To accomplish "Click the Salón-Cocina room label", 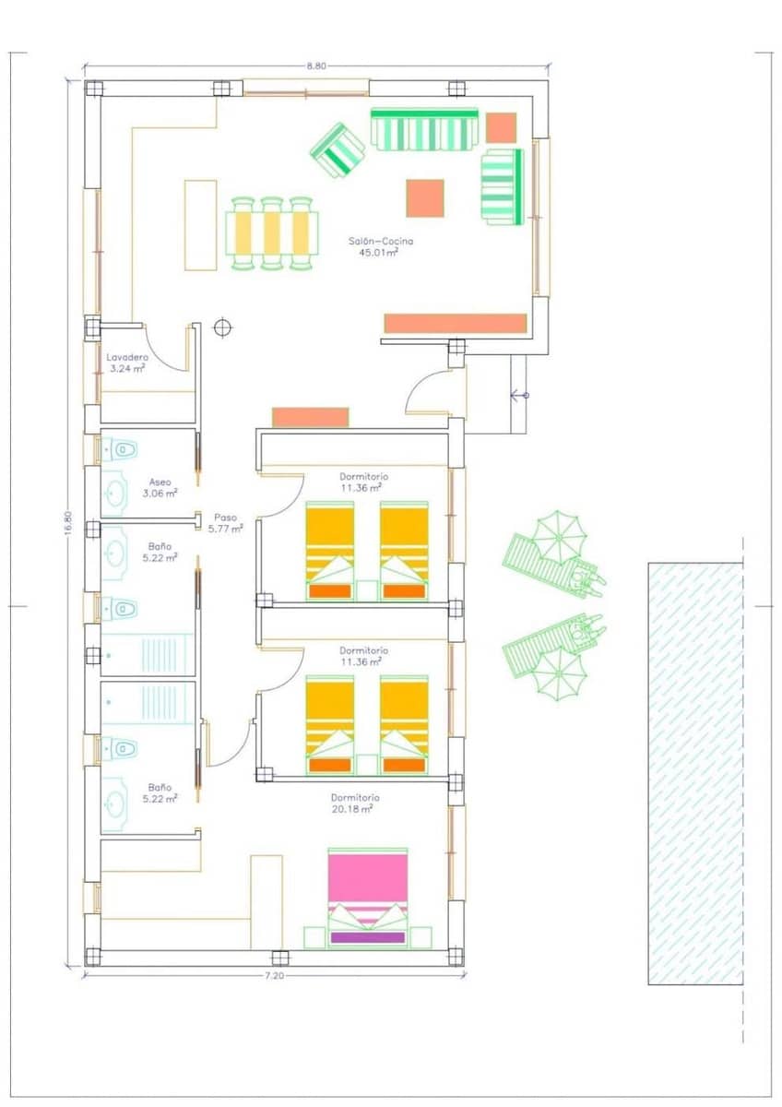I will click(x=381, y=242).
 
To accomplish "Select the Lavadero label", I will click(x=126, y=357).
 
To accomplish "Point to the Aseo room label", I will click(x=159, y=482).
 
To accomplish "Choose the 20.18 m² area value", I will click(x=355, y=809).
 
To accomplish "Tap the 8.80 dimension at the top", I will click(x=316, y=65).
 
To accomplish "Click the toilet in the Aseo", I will click(x=121, y=449).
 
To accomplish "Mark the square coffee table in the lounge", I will click(x=425, y=198).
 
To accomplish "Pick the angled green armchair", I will click(x=338, y=150).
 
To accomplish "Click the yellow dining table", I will click(x=272, y=232).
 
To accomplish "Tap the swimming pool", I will click(x=695, y=773).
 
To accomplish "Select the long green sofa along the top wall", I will click(x=425, y=130).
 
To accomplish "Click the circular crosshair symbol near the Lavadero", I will click(x=222, y=327).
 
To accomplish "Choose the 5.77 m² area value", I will click(x=226, y=529).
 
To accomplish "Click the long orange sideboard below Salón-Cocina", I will click(x=455, y=323).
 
